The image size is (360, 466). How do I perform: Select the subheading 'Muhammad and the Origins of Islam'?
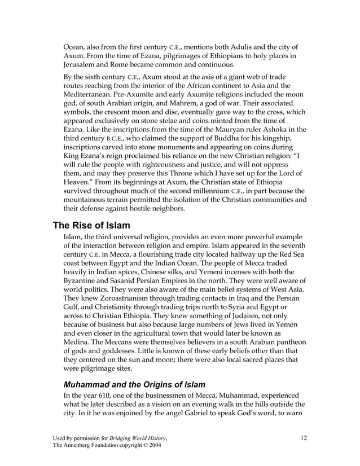pos(134,385)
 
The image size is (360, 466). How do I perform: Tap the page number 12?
pos(304,437)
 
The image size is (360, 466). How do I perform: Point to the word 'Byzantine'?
pos(82,280)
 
